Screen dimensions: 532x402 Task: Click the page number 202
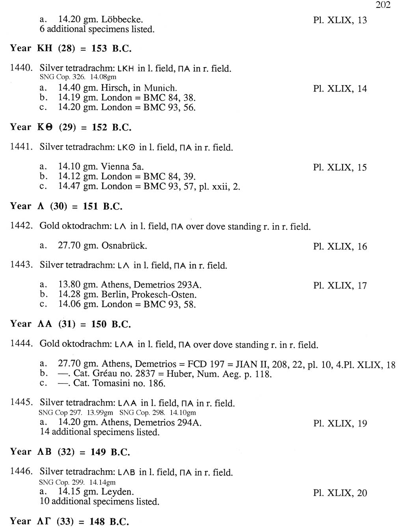[383, 5]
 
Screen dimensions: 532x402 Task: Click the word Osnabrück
[124, 246]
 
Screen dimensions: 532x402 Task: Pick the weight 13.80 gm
[78, 285]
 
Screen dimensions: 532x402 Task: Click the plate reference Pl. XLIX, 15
[340, 167]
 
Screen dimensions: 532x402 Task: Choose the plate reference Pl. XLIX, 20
[340, 493]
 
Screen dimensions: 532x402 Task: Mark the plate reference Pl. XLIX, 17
[340, 285]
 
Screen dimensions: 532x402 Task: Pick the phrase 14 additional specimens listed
[100, 432]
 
